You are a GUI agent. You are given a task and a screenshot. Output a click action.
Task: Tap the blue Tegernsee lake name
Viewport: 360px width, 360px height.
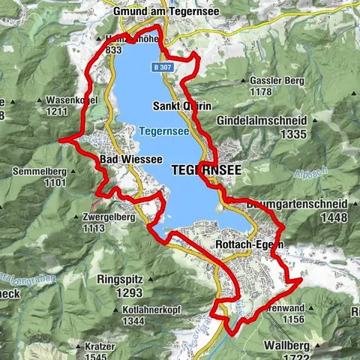pos(158,131)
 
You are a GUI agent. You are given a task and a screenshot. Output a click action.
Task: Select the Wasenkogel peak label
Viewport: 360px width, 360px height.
pos(52,99)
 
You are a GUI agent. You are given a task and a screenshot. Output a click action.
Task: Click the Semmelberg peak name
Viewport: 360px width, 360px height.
pos(40,171)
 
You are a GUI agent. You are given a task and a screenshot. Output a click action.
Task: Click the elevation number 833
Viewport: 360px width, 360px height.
pos(114,51)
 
